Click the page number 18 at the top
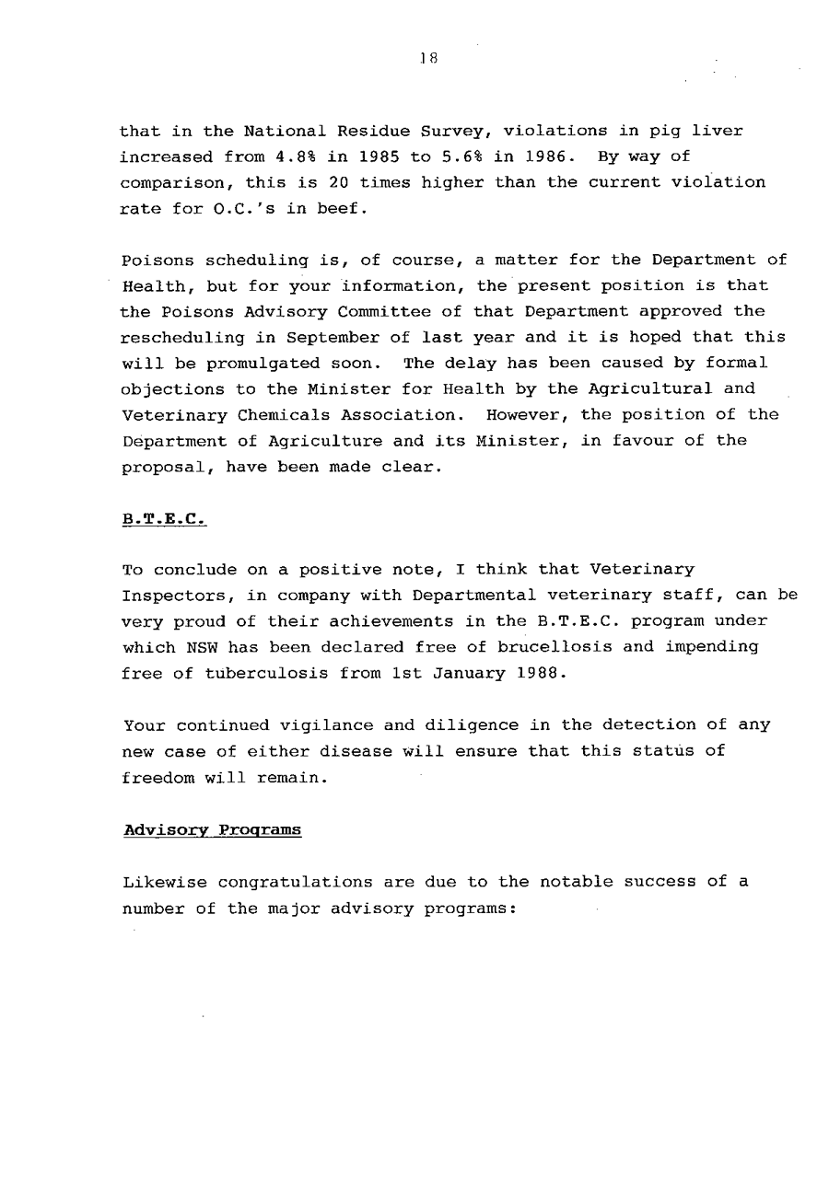tap(426, 56)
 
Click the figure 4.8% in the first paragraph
tap(293, 156)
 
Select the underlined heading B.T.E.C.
tap(164, 518)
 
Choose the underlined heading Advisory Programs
tap(212, 829)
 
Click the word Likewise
tap(164, 881)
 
